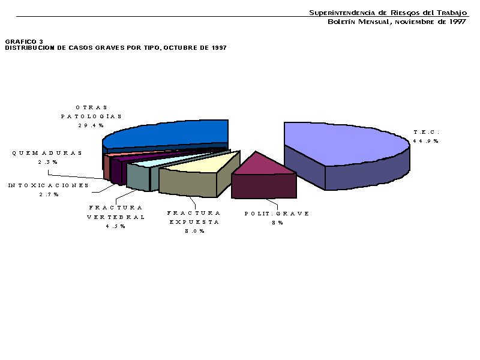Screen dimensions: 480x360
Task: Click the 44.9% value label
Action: click(x=425, y=141)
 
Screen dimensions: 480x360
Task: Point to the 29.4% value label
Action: click(x=91, y=125)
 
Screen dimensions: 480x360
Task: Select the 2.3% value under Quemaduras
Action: click(x=48, y=162)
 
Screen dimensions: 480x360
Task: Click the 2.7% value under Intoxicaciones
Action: click(x=49, y=194)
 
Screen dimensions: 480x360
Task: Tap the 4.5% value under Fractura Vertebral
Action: click(x=115, y=226)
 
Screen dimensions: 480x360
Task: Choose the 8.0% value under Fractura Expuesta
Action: click(x=194, y=231)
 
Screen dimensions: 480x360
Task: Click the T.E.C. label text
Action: click(x=427, y=132)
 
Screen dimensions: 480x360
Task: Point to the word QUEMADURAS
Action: click(x=47, y=153)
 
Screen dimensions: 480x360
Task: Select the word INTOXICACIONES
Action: click(x=49, y=185)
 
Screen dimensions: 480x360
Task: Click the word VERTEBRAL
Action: click(x=116, y=217)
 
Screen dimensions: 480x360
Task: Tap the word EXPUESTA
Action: click(x=194, y=222)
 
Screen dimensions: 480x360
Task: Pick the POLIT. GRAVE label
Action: click(x=277, y=214)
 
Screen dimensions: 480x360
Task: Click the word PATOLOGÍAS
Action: click(x=91, y=116)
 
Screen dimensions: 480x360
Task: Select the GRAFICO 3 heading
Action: click(x=24, y=41)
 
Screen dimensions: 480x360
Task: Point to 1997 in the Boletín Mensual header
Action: click(x=458, y=22)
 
